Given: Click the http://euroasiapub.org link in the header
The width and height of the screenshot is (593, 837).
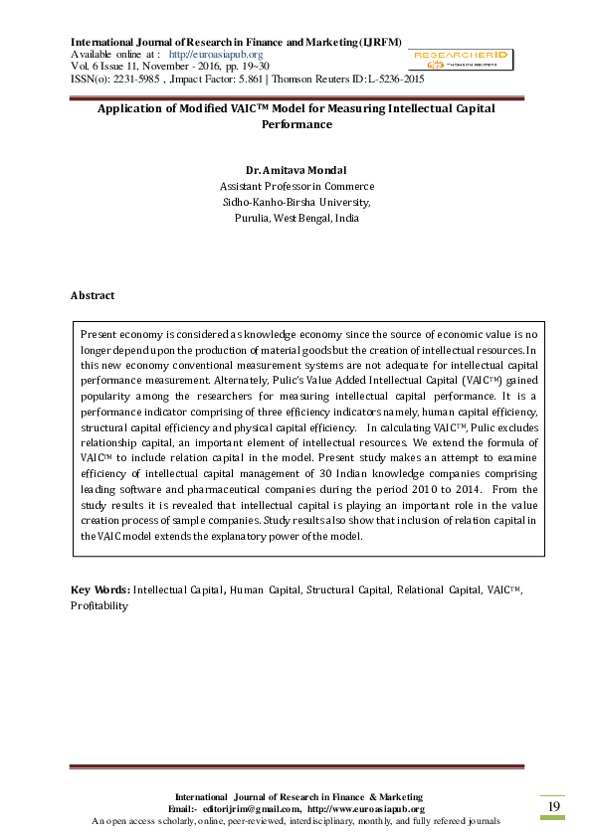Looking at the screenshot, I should pos(216,54).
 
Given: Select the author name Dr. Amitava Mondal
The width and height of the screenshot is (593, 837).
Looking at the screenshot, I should pos(296,170).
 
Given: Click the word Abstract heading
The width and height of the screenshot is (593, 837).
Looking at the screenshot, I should pos(93,295).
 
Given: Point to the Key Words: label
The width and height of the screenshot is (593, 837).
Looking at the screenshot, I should pos(99,590).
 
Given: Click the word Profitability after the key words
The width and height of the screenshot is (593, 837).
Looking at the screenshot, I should pos(99,604).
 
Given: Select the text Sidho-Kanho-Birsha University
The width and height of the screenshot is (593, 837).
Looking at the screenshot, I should pos(296,202).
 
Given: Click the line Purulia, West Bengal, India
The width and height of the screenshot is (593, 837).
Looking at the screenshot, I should pos(296,218).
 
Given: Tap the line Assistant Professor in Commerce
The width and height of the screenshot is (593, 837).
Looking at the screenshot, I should pos(296,186).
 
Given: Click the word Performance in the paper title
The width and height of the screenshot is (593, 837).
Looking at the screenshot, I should pos(296,125).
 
